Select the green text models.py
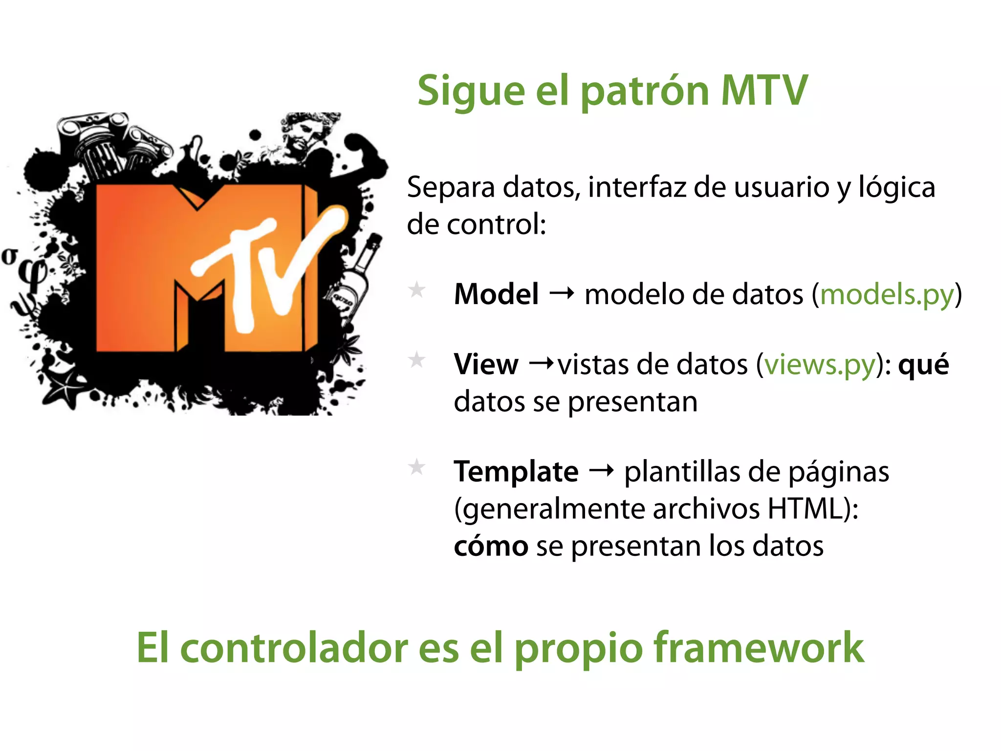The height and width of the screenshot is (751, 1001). click(887, 295)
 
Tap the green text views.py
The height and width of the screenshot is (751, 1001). click(819, 365)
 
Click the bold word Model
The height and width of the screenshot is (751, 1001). click(496, 295)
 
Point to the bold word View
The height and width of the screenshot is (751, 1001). click(486, 365)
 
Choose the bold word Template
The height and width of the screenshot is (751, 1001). click(516, 472)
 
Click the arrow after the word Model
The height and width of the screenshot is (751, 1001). click(562, 294)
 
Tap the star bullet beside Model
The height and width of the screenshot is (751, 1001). click(417, 290)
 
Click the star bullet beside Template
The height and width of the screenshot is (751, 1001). click(417, 467)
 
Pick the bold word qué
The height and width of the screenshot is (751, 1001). click(923, 365)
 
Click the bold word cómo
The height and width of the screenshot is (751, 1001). click(491, 547)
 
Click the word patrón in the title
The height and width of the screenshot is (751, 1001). click(645, 91)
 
